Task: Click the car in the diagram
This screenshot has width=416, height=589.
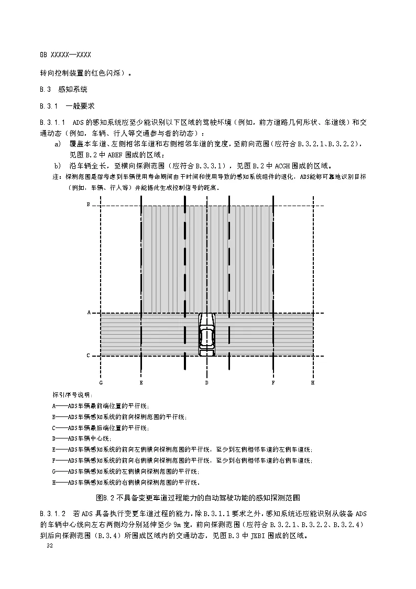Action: click(207, 335)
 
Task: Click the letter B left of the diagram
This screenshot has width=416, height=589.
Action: click(88, 203)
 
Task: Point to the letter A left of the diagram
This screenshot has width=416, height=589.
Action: click(89, 313)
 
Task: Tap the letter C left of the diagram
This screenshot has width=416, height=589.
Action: click(89, 356)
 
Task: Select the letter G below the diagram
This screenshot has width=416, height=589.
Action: click(101, 383)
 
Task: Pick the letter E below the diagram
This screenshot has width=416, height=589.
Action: click(141, 383)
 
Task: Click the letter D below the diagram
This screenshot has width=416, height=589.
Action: click(207, 383)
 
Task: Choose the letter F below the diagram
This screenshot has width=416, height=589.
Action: click(273, 383)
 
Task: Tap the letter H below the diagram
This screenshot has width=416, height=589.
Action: click(313, 383)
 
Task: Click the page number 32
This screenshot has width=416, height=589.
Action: click(50, 546)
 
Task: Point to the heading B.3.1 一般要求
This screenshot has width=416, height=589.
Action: click(67, 106)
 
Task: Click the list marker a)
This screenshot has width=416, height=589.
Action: click(58, 143)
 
